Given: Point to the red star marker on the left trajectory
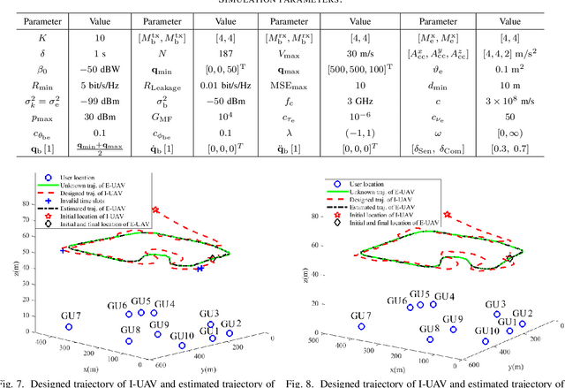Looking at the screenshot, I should pos(156,211).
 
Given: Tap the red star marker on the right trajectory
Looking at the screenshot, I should pos(447,215).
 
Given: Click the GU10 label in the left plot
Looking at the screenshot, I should pos(182,336).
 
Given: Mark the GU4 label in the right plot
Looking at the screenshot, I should pos(445,296).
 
